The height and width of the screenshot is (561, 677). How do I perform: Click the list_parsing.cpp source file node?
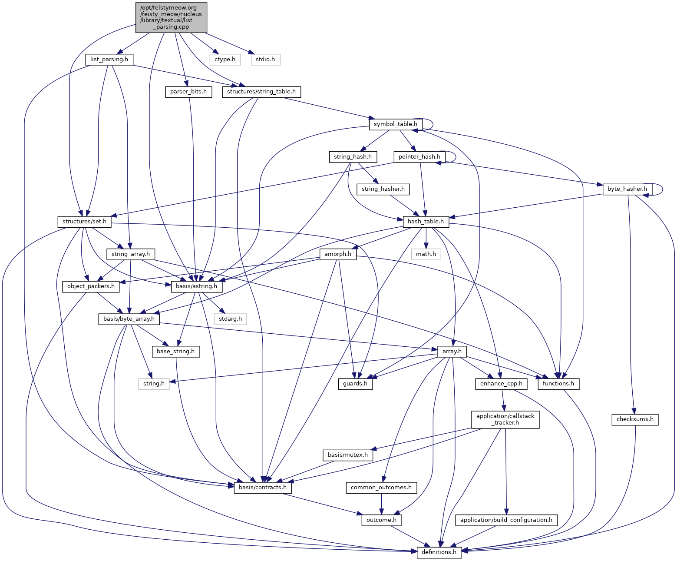171,17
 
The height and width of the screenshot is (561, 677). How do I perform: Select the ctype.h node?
225,59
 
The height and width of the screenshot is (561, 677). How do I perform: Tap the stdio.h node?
265,59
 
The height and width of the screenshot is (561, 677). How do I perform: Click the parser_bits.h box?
188,92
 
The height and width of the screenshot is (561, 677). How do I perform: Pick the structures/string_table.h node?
261,92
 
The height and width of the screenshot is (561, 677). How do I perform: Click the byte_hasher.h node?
627,189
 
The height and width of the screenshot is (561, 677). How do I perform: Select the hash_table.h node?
426,222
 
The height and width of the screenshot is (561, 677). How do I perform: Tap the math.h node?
426,254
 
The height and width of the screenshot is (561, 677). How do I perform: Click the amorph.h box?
337,254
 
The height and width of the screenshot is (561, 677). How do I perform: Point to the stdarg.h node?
230,319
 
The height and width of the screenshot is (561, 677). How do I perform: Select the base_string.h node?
175,351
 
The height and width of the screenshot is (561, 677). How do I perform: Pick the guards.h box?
355,384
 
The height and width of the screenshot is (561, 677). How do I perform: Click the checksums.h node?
634,419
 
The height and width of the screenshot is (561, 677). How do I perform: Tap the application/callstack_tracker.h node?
505,419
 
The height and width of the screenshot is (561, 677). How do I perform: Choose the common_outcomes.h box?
381,488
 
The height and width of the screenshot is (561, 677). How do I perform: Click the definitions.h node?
439,552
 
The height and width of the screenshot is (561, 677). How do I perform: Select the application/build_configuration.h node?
506,520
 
